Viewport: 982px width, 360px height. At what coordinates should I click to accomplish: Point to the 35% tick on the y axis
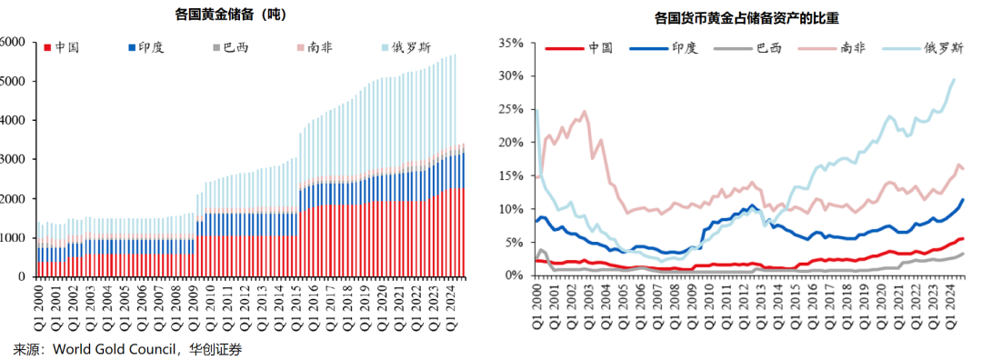click(x=510, y=43)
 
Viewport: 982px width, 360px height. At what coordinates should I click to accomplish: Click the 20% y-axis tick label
click(x=510, y=143)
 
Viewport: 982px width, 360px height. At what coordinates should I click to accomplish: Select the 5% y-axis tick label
click(x=514, y=242)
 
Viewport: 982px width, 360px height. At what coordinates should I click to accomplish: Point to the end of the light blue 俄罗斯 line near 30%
click(x=954, y=79)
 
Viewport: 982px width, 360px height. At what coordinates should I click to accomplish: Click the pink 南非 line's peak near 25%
click(x=584, y=112)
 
